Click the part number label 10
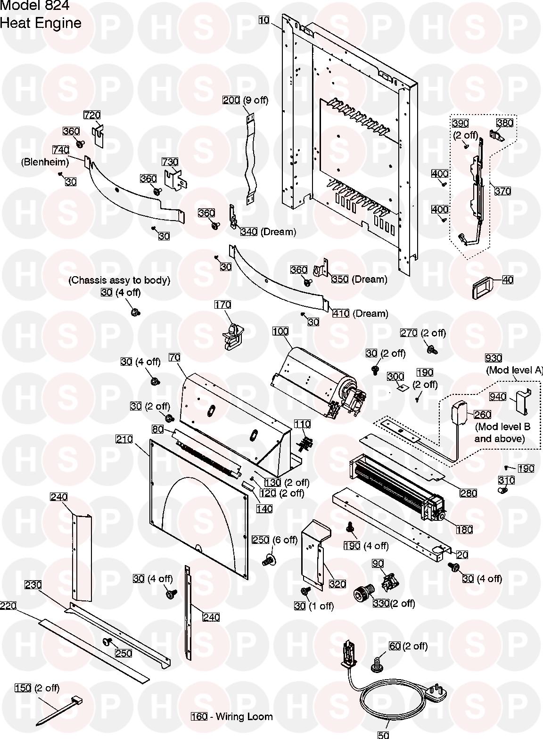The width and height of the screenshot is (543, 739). coord(264,20)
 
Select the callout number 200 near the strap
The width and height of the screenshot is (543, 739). coord(231,100)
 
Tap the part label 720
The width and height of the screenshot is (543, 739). coord(92,115)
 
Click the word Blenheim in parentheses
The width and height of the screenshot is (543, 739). coord(45,162)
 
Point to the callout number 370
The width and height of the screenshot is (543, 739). coord(502,191)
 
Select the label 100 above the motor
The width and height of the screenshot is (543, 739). coord(280,331)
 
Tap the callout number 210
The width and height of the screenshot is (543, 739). coord(124,439)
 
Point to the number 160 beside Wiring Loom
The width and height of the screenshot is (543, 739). coord(199,717)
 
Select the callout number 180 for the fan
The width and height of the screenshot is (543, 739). coord(464,530)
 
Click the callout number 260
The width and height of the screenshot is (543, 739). coord(482,415)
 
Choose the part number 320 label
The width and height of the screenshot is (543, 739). coord(337,584)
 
